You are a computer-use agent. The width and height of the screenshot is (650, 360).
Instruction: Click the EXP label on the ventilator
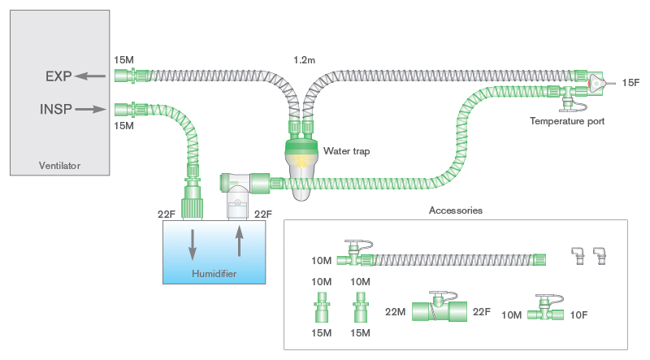(58, 76)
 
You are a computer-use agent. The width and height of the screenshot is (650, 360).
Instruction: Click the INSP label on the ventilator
(55, 108)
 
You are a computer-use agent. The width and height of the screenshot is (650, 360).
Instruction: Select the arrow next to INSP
(91, 108)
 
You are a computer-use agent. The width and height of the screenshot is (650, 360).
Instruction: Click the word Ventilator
(60, 167)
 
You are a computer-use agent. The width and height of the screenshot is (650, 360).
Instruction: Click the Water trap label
(346, 150)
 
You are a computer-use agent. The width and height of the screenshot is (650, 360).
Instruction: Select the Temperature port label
(566, 121)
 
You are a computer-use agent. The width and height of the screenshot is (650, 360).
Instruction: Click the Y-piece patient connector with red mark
(595, 82)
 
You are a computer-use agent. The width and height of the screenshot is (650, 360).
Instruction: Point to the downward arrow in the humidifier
(192, 243)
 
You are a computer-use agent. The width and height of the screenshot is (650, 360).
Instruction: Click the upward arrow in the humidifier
(239, 243)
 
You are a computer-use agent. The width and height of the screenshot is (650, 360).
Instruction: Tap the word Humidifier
(214, 274)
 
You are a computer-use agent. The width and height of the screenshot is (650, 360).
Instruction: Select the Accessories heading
(456, 210)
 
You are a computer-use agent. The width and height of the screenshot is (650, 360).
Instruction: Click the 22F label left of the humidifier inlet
(167, 215)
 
